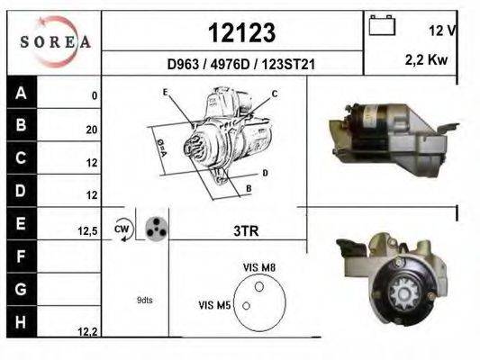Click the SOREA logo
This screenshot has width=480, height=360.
55,42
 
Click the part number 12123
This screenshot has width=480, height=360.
242,32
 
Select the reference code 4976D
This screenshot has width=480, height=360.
231,65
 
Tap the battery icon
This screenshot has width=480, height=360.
382,25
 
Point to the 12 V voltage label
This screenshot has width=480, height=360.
442,31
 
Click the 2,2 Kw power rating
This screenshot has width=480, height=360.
427,60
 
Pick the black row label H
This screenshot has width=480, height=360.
22,322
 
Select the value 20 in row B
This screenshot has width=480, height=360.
92,130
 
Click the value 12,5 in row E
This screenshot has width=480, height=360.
87,231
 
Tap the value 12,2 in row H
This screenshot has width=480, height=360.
87,331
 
